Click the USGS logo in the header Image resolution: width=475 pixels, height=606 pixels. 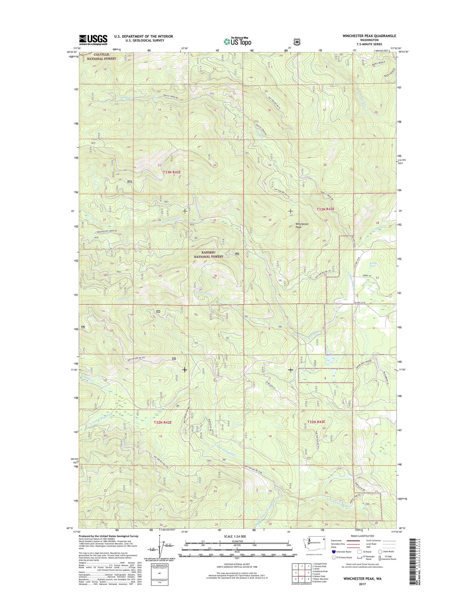(x=93, y=40)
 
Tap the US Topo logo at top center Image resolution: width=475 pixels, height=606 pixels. (x=237, y=41)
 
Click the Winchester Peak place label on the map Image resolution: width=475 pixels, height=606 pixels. (x=302, y=226)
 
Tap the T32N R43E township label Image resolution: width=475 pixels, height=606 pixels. (x=316, y=422)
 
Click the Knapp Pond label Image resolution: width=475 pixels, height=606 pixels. (x=373, y=264)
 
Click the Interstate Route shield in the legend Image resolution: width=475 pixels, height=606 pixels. (x=334, y=551)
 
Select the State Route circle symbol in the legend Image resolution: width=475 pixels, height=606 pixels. (x=380, y=551)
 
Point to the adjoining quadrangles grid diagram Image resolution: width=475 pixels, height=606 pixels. (x=301, y=573)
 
